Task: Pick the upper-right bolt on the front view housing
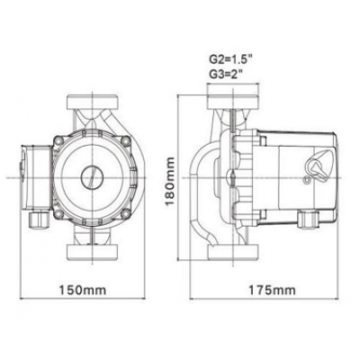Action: (x=123, y=142)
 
